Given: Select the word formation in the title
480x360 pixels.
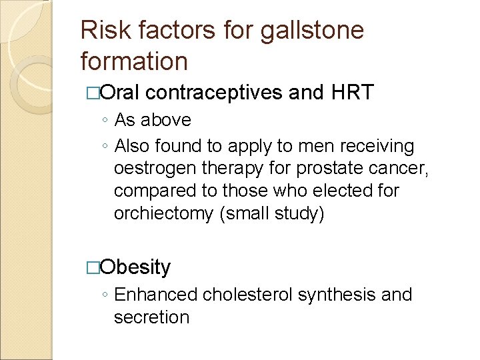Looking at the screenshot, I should [x=134, y=61].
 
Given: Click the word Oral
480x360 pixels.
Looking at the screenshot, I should [x=119, y=93].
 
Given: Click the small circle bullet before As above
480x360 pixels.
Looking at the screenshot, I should [x=107, y=121].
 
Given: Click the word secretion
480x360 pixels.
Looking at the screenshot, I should [x=151, y=317].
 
